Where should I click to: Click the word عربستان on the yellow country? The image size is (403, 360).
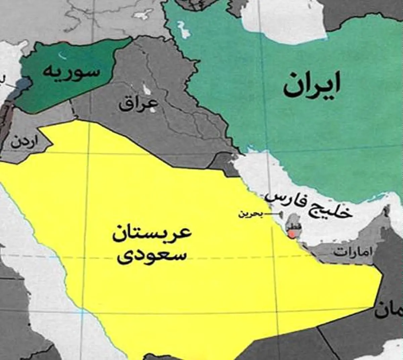(152, 233)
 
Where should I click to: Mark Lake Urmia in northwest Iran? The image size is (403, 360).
(183, 30)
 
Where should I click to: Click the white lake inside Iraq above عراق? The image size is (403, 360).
(147, 89)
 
